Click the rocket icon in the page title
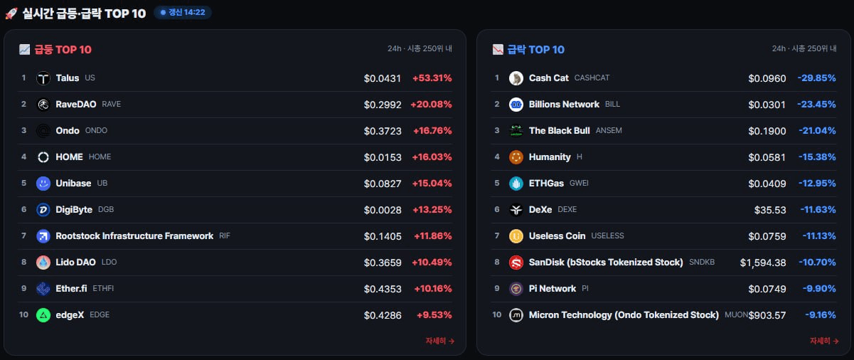(x=11, y=14)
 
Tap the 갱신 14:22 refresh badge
(x=183, y=13)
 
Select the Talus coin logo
(x=43, y=78)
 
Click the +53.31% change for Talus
(x=432, y=78)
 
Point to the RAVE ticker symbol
(x=112, y=104)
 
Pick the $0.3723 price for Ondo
(x=383, y=131)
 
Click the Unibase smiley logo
(x=43, y=184)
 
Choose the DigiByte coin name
(x=74, y=210)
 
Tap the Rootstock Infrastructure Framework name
(x=134, y=236)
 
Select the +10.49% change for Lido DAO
(x=432, y=263)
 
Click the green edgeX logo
(x=43, y=315)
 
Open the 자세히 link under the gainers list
(x=440, y=341)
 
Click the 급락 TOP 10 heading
(x=535, y=50)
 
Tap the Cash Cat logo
(x=516, y=78)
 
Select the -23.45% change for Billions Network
(x=816, y=105)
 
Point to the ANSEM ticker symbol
(x=609, y=130)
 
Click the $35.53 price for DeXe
(x=770, y=210)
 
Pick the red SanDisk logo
(x=516, y=263)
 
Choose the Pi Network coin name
(x=553, y=289)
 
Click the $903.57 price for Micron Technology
(x=767, y=315)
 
